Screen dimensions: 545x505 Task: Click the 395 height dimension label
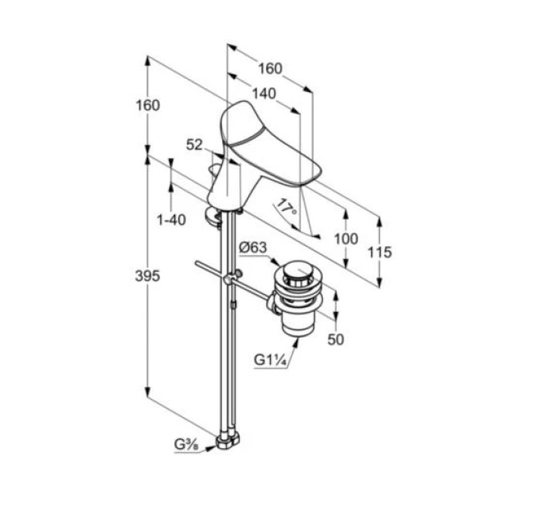pyautogui.click(x=147, y=276)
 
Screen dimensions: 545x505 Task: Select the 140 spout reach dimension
pyautogui.click(x=264, y=94)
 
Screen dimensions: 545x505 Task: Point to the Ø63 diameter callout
pyautogui.click(x=253, y=248)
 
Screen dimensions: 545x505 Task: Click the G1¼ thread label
pyautogui.click(x=270, y=359)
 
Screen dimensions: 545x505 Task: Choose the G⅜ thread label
pyautogui.click(x=186, y=445)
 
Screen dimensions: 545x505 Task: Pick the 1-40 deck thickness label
pyautogui.click(x=172, y=220)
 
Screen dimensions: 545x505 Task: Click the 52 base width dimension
pyautogui.click(x=194, y=144)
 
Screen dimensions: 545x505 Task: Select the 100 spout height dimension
pyautogui.click(x=346, y=239)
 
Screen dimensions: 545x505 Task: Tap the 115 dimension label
pyautogui.click(x=380, y=252)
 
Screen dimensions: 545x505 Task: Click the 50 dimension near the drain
pyautogui.click(x=335, y=339)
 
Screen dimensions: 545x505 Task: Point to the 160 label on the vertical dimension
pyautogui.click(x=147, y=105)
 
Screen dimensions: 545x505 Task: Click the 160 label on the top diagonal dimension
pyautogui.click(x=270, y=68)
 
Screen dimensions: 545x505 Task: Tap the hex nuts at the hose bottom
pyautogui.click(x=228, y=441)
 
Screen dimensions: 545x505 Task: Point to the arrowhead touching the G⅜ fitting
pyautogui.click(x=210, y=448)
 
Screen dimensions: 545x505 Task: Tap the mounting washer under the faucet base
pyautogui.click(x=212, y=216)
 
